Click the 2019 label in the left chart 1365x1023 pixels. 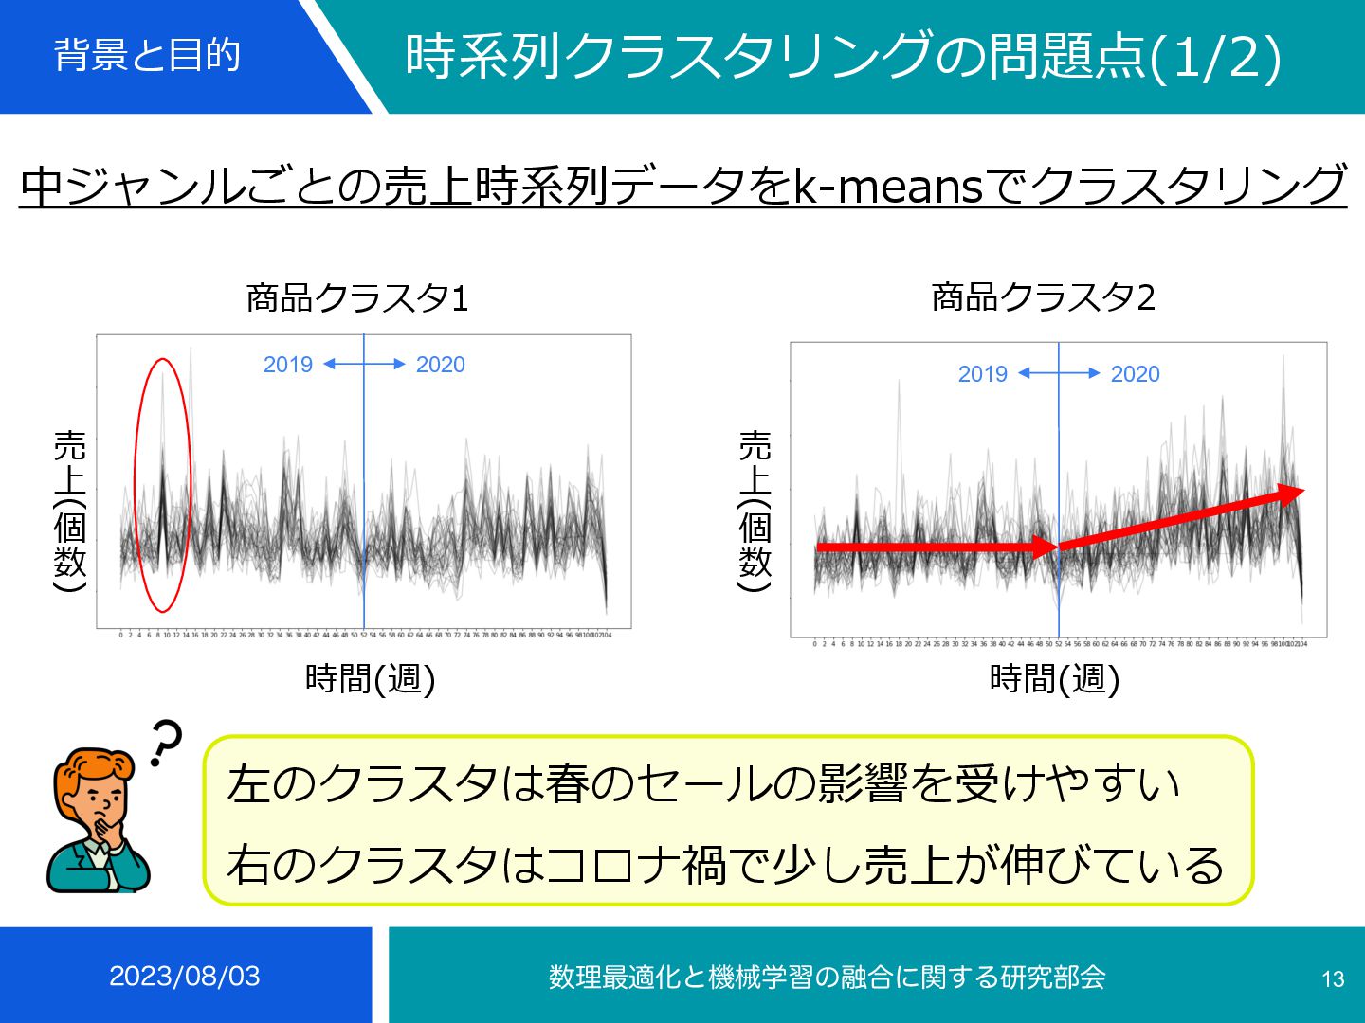pyautogui.click(x=288, y=365)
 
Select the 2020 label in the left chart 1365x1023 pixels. pyautogui.click(x=440, y=365)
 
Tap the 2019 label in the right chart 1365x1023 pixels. pyautogui.click(x=982, y=374)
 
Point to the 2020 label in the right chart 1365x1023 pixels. pyautogui.click(x=1135, y=374)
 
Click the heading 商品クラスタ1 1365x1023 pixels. pyautogui.click(x=357, y=298)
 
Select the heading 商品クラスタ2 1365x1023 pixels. pyautogui.click(x=1043, y=297)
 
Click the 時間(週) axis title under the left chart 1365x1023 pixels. pyautogui.click(x=370, y=678)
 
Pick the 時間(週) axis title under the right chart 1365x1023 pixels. pyautogui.click(x=1054, y=678)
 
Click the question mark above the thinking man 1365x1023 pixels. pyautogui.click(x=166, y=742)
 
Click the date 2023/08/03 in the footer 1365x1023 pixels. pyautogui.click(x=185, y=977)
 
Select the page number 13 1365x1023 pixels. pyautogui.click(x=1333, y=979)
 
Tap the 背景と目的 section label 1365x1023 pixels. pyautogui.click(x=147, y=55)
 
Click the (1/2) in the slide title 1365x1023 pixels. pyautogui.click(x=1215, y=57)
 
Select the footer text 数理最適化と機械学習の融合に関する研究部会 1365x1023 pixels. pyautogui.click(x=827, y=977)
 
